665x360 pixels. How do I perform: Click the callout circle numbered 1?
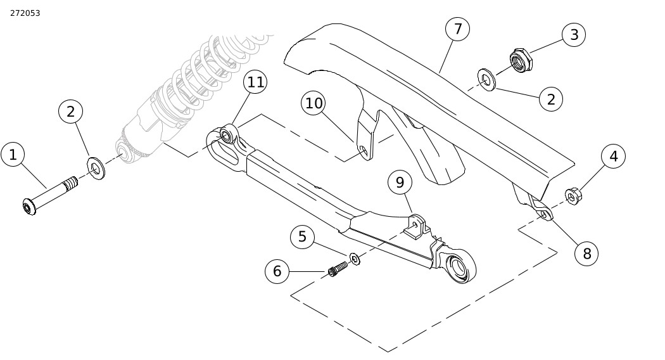coord(13,155)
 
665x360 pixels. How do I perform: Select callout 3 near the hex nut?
coord(574,35)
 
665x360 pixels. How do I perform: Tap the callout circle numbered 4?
coord(613,156)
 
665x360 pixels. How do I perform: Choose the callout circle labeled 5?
coord(302,237)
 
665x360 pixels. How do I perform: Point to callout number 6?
coord(277,271)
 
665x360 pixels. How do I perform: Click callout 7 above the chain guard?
coord(458,29)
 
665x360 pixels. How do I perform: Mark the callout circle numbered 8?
coord(586,254)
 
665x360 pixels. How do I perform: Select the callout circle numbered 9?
coord(400,183)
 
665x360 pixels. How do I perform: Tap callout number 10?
coord(314,103)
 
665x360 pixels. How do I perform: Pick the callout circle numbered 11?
coord(255,82)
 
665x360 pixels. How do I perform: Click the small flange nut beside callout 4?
coord(573,196)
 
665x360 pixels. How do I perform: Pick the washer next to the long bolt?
coord(96,168)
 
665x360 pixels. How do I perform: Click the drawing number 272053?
coord(25,13)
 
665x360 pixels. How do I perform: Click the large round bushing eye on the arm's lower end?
coord(460,266)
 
